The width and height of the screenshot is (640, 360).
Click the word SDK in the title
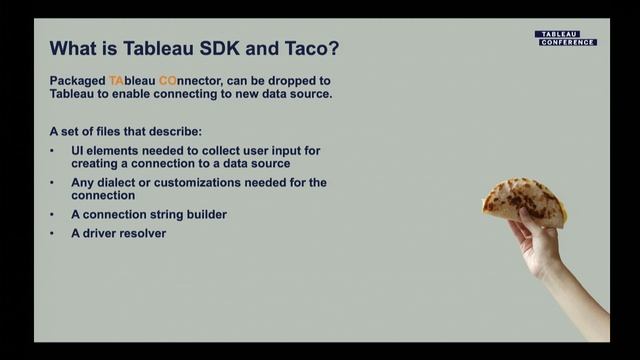(x=226, y=47)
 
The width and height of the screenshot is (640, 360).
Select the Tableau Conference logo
(x=565, y=38)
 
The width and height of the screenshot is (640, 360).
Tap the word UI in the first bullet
(x=76, y=150)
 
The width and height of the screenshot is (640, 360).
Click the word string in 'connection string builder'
(x=163, y=214)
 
